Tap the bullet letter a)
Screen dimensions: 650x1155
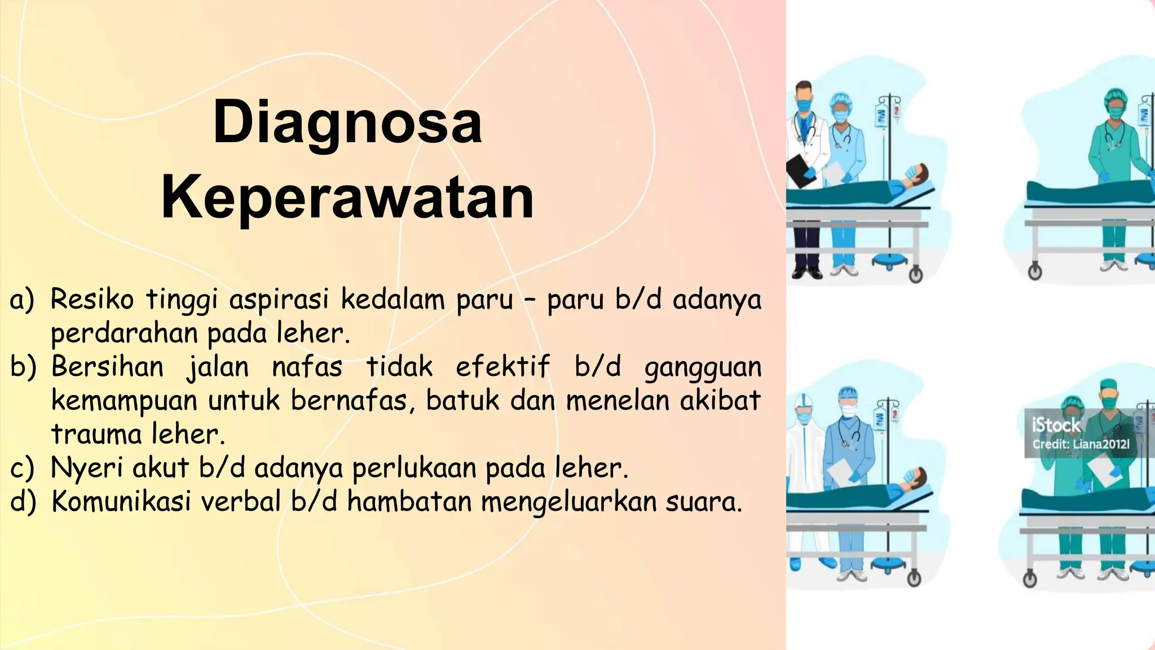[x=22, y=300]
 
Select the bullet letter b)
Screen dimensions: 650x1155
[x=23, y=367]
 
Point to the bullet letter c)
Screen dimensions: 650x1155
[x=22, y=468]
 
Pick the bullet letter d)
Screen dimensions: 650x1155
[x=23, y=502]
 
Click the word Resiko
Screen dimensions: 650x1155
[x=92, y=299]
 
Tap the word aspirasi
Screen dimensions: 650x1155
[x=279, y=300]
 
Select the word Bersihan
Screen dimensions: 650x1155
[x=107, y=367]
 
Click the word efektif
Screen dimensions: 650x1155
[x=502, y=367]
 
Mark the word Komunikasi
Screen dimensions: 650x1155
[x=121, y=502]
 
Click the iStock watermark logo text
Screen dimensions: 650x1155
[x=1056, y=425]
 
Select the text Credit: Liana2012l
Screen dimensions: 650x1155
[x=1081, y=444]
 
